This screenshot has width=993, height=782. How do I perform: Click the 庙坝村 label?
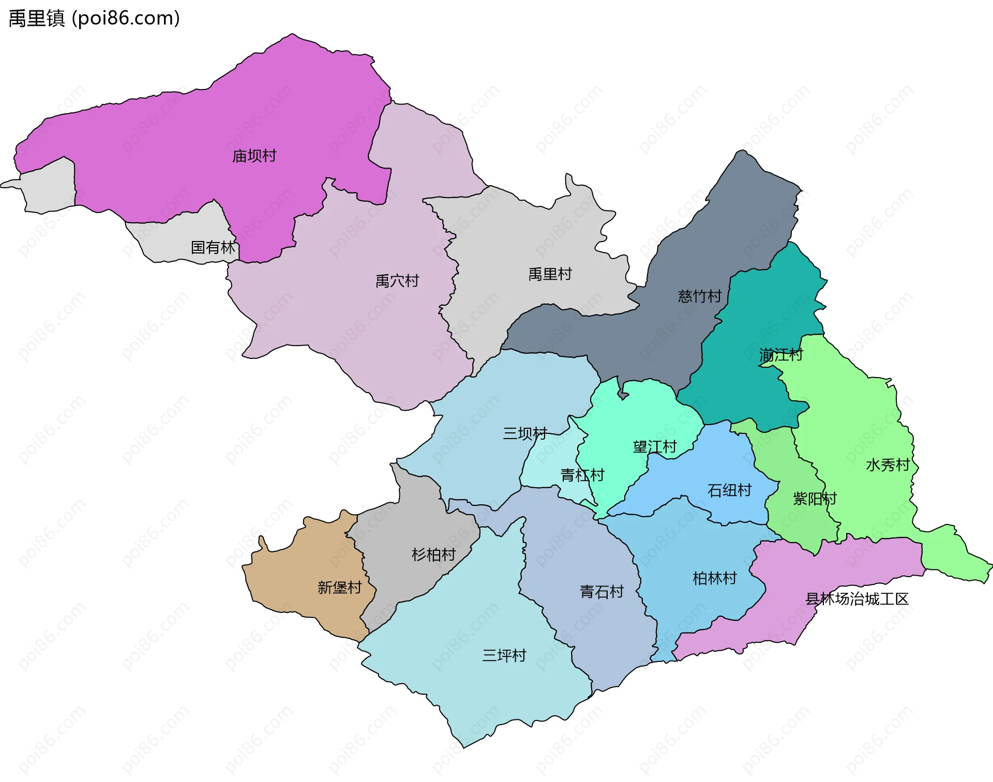[x=254, y=156]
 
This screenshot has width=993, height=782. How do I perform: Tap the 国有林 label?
[x=213, y=247]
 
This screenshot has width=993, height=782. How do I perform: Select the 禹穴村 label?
[x=397, y=281]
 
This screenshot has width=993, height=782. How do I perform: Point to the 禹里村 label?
[x=550, y=274]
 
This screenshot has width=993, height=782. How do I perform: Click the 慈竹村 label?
[x=699, y=296]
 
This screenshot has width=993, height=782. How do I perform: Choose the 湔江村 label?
[x=781, y=355]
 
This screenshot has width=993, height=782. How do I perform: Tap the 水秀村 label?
[x=887, y=465]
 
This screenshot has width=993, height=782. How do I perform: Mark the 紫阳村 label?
[x=815, y=499]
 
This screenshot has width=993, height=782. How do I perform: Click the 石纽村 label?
[x=729, y=490]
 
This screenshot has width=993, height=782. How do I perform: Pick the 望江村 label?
[x=655, y=447]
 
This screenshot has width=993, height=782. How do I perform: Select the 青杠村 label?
[x=582, y=475]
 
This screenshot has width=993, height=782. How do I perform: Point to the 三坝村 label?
[x=525, y=433]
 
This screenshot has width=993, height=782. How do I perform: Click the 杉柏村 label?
[x=433, y=555]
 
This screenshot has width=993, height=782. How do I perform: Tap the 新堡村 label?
[x=339, y=588]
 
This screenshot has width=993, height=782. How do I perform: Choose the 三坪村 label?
[x=504, y=656]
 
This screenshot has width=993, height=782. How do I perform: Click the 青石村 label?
[x=601, y=592]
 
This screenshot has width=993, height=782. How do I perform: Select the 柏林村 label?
[x=714, y=578]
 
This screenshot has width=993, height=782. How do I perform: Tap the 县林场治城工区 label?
[x=857, y=599]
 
